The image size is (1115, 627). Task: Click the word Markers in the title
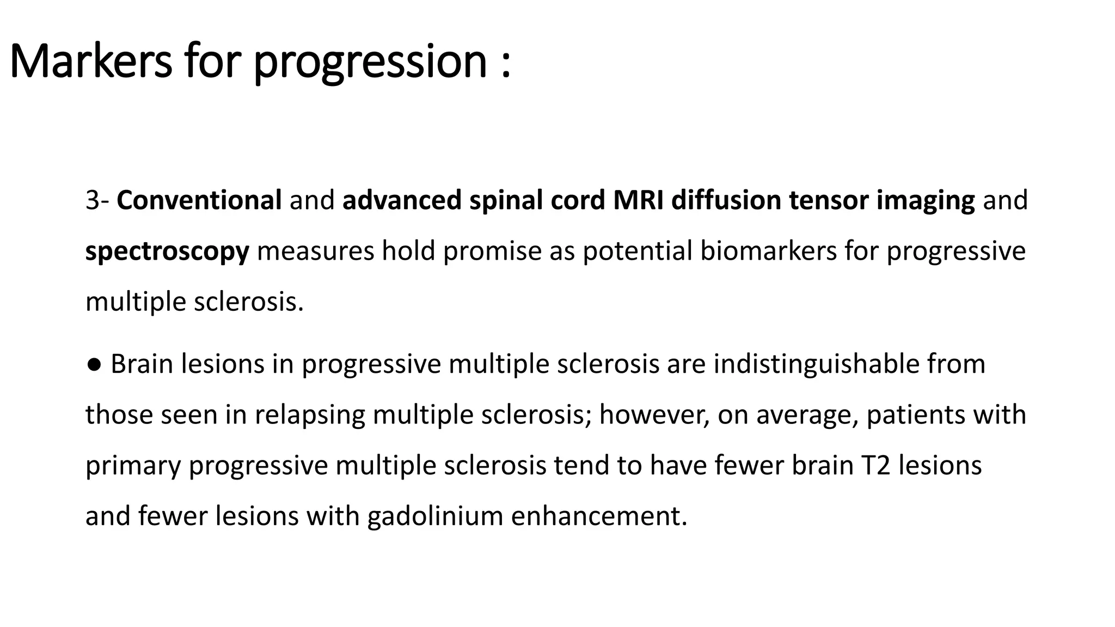coord(90,61)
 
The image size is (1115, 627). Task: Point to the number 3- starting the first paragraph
coord(97,200)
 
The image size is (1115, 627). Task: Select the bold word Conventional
coord(199,200)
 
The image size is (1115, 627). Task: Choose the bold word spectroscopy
coord(167,251)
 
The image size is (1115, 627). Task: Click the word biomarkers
coord(768,251)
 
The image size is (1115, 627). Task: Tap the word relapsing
coord(309,415)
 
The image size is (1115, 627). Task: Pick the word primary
coord(133,466)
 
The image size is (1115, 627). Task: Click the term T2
coord(875,465)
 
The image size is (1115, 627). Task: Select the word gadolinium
coord(435,516)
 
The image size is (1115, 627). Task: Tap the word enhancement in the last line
coord(598,516)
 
